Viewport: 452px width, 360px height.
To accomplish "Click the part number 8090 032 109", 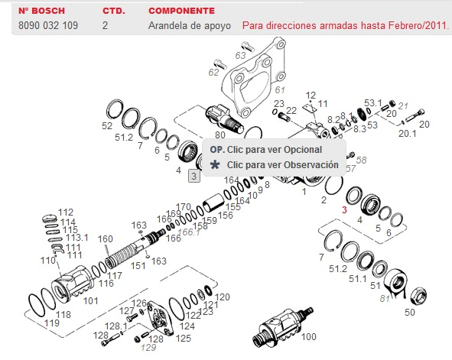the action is click(48, 25).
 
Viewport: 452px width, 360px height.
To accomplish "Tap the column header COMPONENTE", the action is click(181, 11).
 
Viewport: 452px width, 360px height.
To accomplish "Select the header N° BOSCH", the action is click(41, 11).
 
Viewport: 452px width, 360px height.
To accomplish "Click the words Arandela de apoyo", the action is click(190, 26).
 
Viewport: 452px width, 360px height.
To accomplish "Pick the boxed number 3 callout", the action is click(194, 176).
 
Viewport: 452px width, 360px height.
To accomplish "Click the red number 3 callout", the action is click(344, 209).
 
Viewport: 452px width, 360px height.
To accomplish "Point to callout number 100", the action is click(309, 336).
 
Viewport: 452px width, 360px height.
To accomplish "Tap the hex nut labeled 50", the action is click(418, 296).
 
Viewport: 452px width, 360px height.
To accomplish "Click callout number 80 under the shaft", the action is click(220, 135).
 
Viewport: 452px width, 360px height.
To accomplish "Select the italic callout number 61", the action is click(280, 90).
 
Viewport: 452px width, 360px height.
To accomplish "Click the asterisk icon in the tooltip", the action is click(215, 165).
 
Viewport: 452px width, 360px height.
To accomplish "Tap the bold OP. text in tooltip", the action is click(217, 150).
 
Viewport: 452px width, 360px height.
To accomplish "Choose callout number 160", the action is click(106, 238).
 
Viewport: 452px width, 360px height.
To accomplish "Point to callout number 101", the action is click(90, 301).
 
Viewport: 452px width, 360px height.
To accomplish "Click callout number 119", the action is click(52, 323).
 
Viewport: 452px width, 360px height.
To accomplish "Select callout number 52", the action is click(107, 126).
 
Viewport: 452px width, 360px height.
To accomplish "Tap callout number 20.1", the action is click(408, 133).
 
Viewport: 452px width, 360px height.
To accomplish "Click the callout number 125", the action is click(184, 338).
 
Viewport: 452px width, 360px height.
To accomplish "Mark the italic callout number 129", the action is click(148, 348).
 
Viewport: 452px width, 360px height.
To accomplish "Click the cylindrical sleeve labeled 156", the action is click(213, 203).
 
